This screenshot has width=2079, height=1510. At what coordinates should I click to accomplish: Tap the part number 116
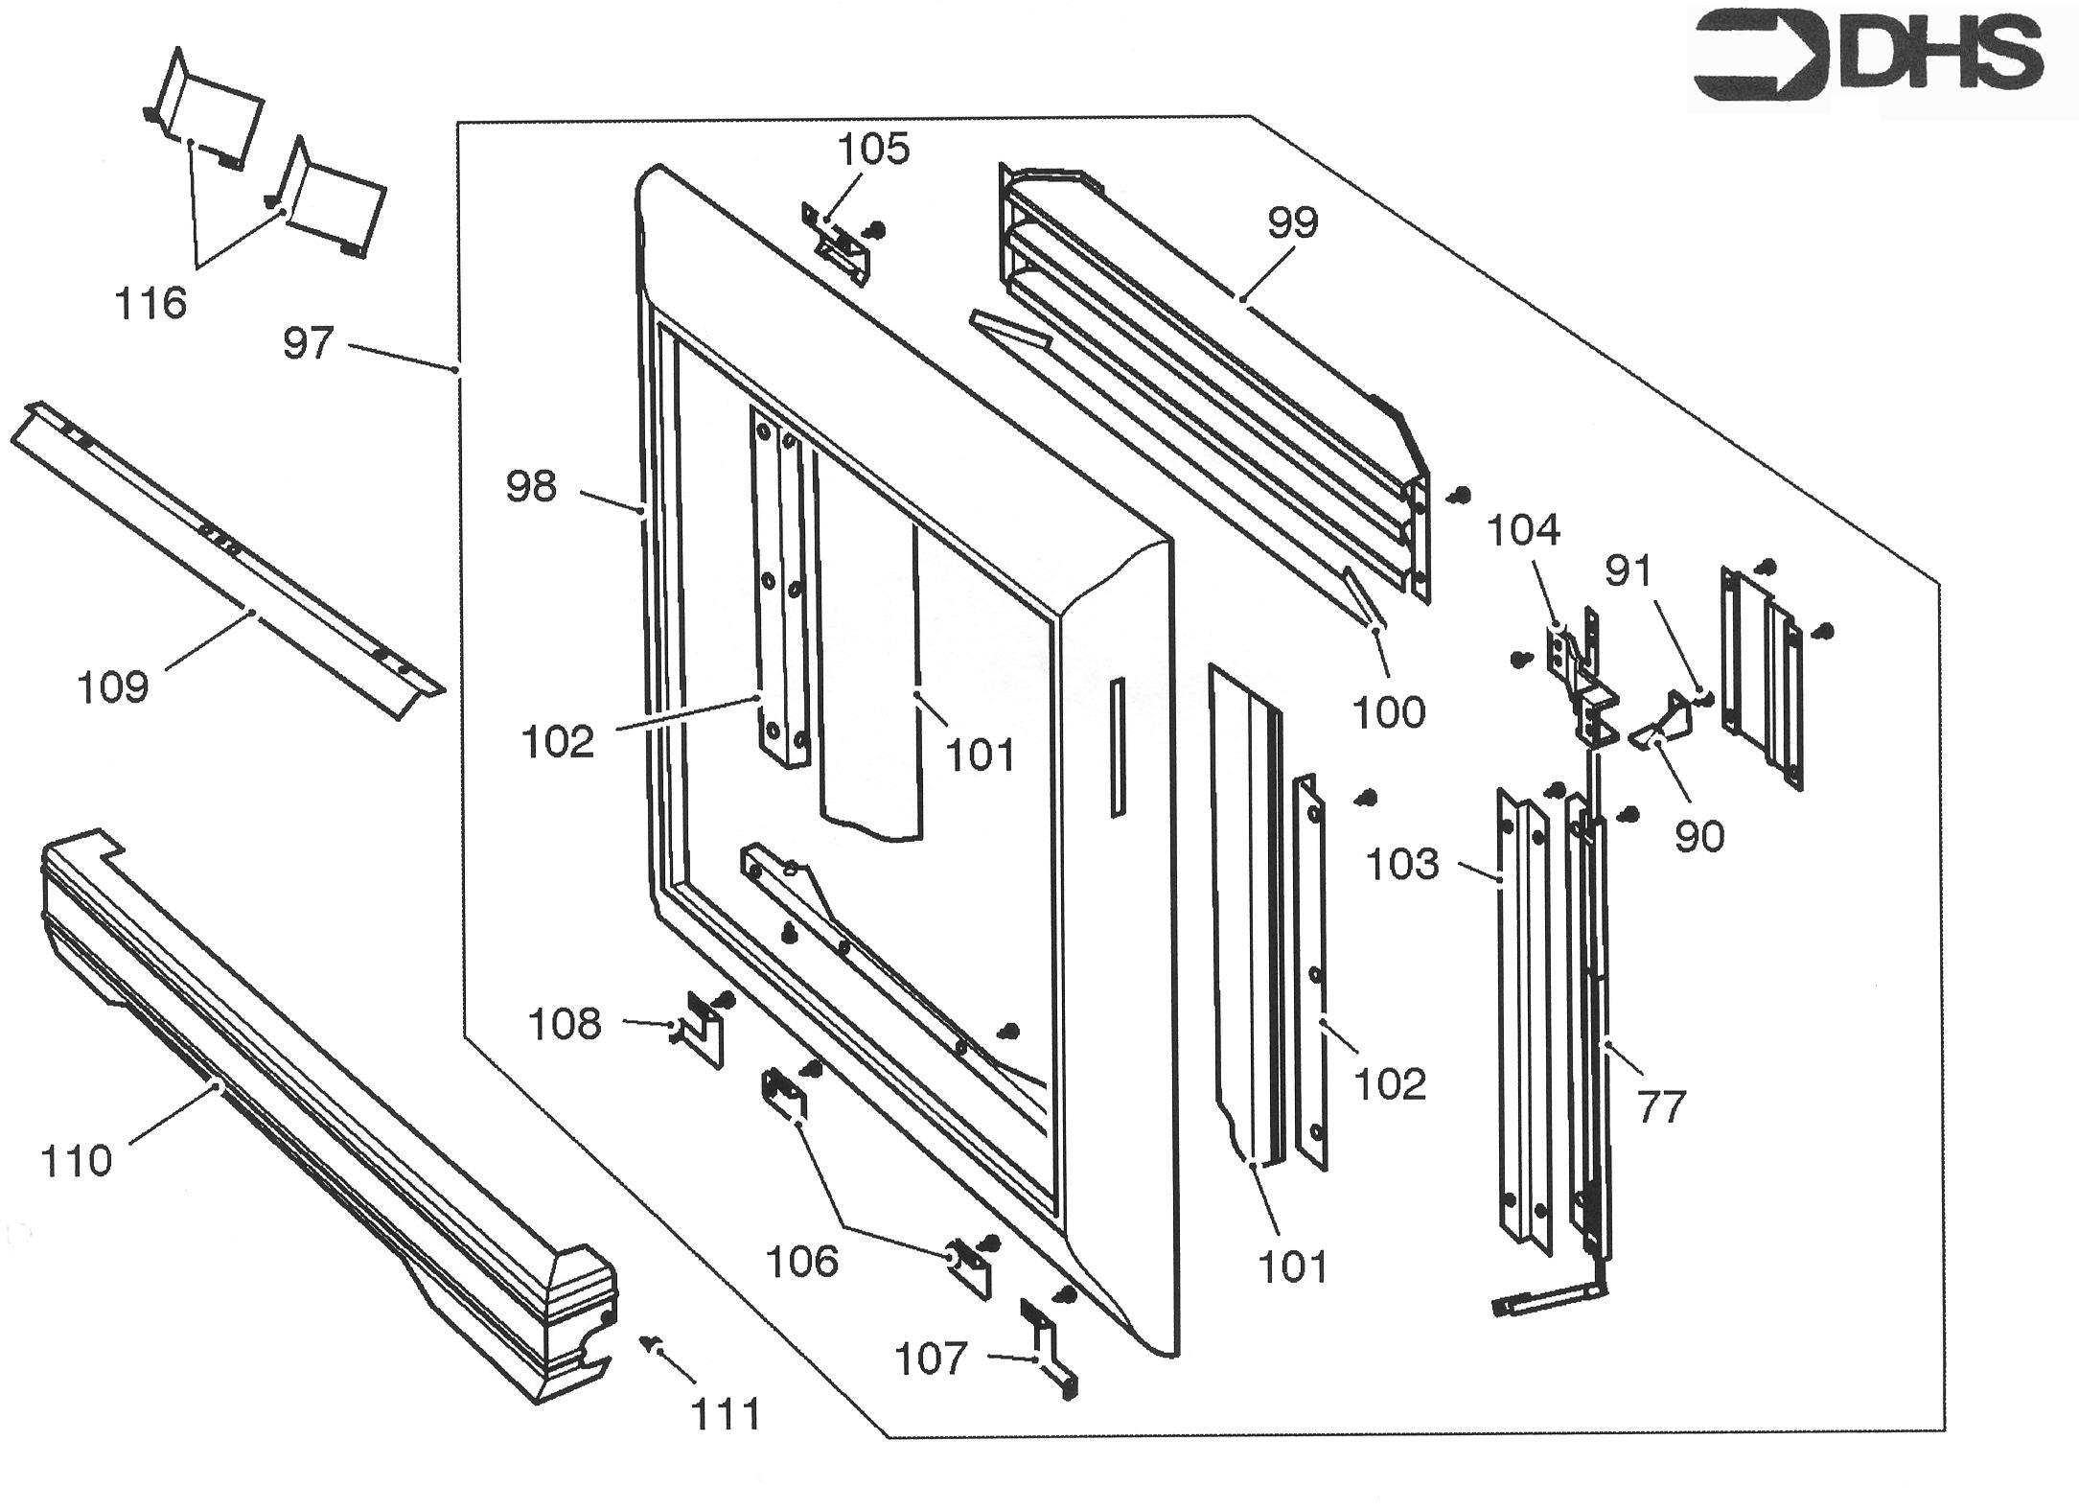(150, 304)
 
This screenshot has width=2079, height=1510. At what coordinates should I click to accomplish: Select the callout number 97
(308, 343)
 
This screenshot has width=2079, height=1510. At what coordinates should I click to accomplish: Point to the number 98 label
(531, 487)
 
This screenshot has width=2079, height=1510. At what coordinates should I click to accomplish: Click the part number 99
(1293, 222)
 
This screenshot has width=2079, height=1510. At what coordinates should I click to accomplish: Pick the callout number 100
(1389, 712)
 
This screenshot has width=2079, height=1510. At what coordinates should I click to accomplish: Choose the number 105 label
(873, 150)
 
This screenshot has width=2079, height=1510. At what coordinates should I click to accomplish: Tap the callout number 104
(1523, 530)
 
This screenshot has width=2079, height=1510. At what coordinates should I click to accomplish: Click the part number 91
(1629, 572)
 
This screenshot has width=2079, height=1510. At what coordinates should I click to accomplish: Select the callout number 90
(1699, 837)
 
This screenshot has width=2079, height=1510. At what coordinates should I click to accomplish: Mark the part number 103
(1403, 865)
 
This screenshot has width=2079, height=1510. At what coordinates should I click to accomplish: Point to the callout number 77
(1661, 1108)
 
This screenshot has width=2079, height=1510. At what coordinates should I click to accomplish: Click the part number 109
(113, 687)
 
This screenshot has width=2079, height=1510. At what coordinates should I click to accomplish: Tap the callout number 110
(77, 1162)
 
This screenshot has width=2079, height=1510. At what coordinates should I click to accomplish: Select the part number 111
(727, 1414)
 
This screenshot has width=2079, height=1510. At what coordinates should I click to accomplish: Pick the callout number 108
(565, 1025)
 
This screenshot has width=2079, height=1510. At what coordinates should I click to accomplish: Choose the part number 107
(931, 1359)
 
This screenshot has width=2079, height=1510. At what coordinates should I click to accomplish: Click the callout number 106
(801, 1262)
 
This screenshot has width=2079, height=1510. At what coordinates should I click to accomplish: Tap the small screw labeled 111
(654, 1343)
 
